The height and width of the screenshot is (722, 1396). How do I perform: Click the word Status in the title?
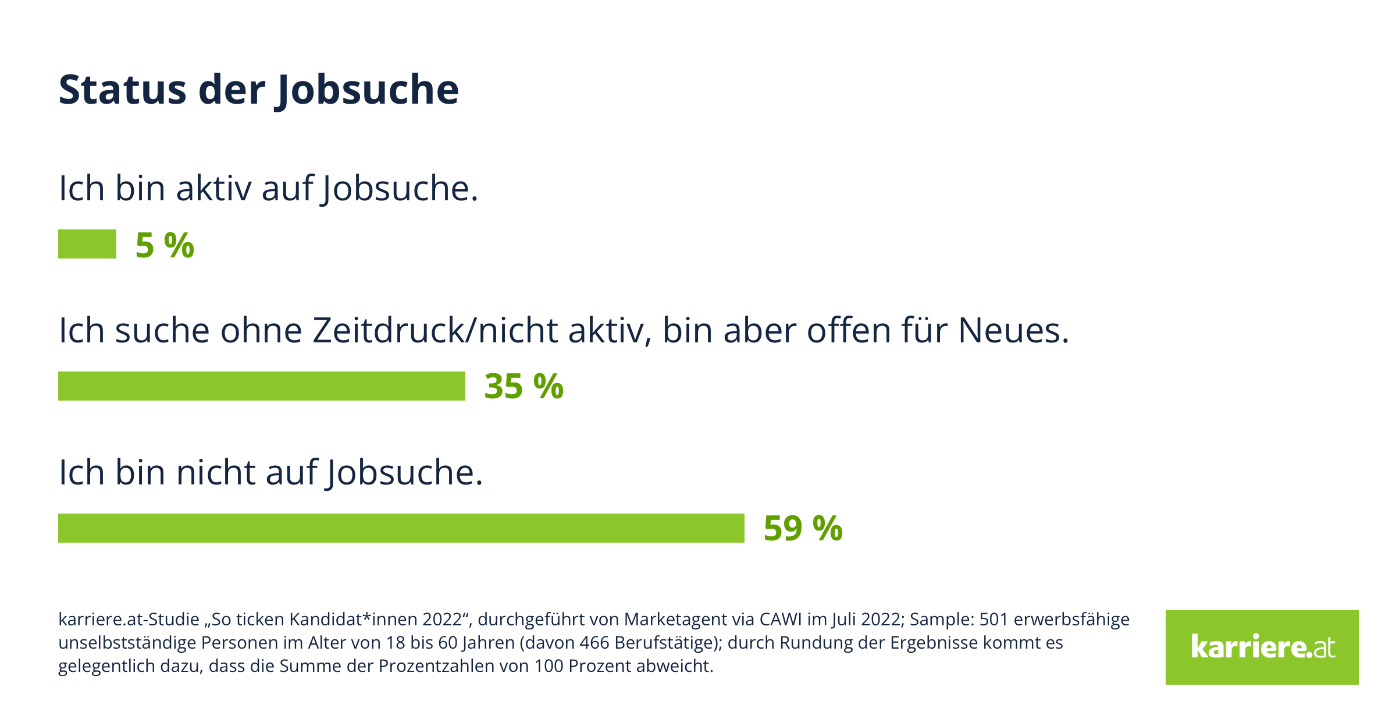click(x=122, y=90)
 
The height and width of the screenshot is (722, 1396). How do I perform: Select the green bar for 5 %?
click(x=87, y=244)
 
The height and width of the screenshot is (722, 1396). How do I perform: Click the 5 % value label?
click(x=165, y=245)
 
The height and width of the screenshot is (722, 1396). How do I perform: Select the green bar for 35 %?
click(x=262, y=386)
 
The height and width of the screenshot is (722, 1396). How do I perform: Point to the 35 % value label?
click(x=523, y=387)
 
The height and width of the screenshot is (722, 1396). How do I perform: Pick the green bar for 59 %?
click(x=401, y=528)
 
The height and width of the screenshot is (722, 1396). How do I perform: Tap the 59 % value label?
click(x=803, y=529)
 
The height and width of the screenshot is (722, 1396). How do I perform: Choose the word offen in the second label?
click(x=849, y=331)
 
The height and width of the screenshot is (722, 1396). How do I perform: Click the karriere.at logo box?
click(x=1262, y=647)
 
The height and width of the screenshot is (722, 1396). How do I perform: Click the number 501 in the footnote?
click(x=993, y=620)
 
